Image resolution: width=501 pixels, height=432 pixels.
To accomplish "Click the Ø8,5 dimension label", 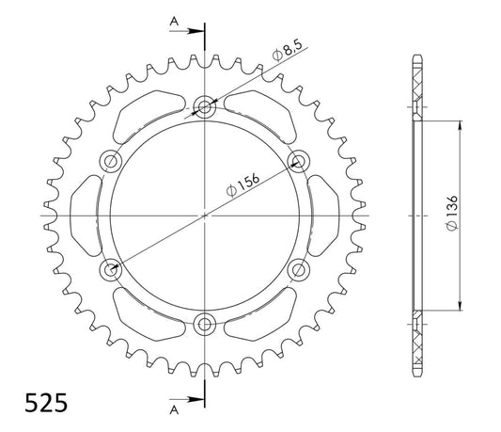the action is (288, 50).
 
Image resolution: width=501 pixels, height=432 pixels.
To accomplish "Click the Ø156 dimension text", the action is (243, 185).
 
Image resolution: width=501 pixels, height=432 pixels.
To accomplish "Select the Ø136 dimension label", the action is (452, 213).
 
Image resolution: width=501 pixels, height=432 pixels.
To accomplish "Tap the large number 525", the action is (46, 403).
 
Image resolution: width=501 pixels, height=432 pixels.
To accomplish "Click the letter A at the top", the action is (174, 22).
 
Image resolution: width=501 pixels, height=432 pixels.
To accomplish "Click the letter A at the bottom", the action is (174, 409).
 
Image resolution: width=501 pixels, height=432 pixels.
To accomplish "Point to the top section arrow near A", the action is (187, 31).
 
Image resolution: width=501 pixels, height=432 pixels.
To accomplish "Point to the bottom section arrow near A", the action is (187, 399).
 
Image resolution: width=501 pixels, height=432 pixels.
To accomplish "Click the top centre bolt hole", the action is (205, 106).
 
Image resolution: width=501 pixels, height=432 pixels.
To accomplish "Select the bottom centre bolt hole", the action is (205, 325).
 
